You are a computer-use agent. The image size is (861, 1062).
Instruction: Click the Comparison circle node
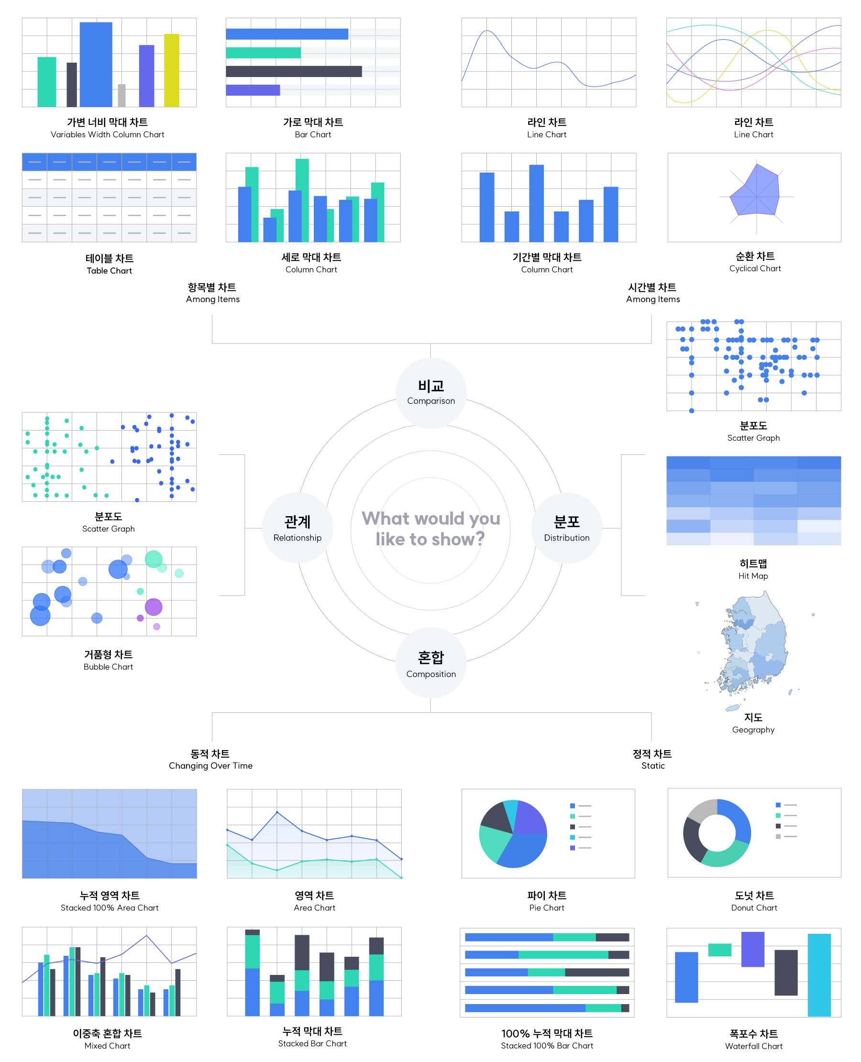click(x=430, y=393)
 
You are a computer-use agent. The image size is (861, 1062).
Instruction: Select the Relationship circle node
click(x=297, y=528)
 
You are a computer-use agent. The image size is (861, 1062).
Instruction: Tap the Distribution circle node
click(x=566, y=528)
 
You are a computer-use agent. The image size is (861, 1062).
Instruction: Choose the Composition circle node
click(x=430, y=663)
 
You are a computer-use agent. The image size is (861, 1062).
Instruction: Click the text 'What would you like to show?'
click(x=430, y=529)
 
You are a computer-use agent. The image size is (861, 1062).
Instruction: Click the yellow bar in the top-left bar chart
click(x=172, y=70)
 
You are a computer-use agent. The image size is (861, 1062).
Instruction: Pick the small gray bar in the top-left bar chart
click(x=121, y=96)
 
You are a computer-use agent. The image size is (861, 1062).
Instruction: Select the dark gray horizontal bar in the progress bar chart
click(x=294, y=71)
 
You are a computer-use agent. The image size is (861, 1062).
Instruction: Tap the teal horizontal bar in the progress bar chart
click(x=263, y=53)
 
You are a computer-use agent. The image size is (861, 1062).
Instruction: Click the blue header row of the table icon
click(x=109, y=162)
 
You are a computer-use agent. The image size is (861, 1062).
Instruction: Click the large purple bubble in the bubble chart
click(x=153, y=607)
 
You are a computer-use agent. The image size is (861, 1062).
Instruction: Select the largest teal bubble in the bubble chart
click(x=153, y=559)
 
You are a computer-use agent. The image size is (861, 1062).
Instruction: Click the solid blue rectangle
click(x=753, y=500)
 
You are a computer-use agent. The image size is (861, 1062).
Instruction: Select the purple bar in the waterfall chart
click(x=752, y=950)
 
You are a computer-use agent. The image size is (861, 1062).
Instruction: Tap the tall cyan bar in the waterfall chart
click(x=818, y=975)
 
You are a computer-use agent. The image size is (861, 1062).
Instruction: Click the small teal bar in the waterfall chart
click(x=719, y=950)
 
